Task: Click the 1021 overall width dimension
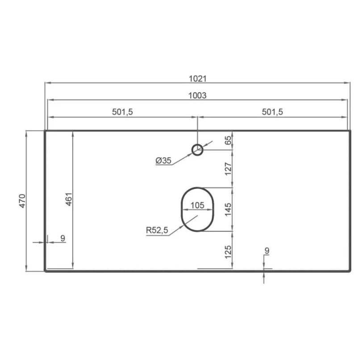[x=198, y=79]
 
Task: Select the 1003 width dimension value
[x=197, y=96]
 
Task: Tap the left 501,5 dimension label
[x=122, y=112]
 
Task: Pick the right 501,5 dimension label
[x=272, y=112]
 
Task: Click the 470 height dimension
[x=22, y=201]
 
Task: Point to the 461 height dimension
[x=69, y=199]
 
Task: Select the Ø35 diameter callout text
[x=163, y=160]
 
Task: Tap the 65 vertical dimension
[x=228, y=140]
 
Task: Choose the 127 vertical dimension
[x=228, y=169]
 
